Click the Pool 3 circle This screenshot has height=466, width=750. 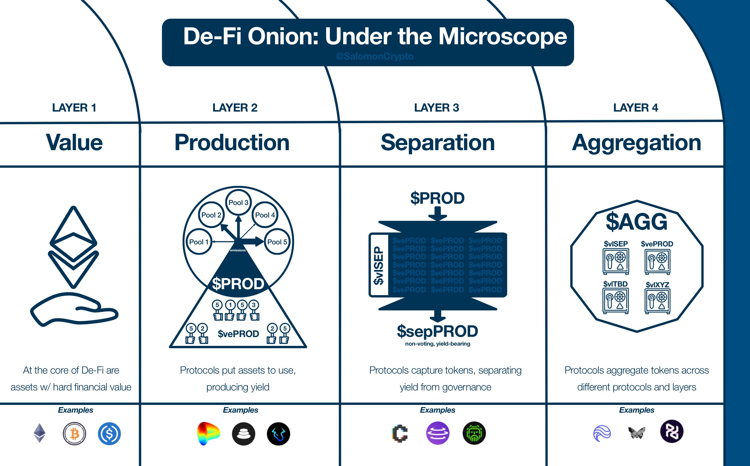[x=238, y=202]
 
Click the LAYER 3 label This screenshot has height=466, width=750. [x=436, y=107]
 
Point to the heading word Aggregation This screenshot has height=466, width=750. [x=636, y=143]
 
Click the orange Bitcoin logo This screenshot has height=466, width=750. [x=74, y=434]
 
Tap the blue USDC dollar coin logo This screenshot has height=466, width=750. [x=109, y=434]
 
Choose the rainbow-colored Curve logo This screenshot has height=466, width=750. [x=208, y=434]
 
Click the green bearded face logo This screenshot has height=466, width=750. [x=474, y=433]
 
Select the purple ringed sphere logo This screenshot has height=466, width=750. [x=438, y=433]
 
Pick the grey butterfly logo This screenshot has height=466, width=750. [x=637, y=433]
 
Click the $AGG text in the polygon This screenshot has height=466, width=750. [x=636, y=222]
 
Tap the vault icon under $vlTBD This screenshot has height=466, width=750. [x=616, y=301]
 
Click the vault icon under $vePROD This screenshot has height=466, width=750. [x=657, y=262]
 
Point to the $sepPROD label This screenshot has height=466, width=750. [x=437, y=331]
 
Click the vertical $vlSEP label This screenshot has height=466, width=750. [x=379, y=265]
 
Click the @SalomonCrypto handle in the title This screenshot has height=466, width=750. [x=374, y=56]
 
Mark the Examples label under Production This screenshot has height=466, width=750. [x=241, y=410]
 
